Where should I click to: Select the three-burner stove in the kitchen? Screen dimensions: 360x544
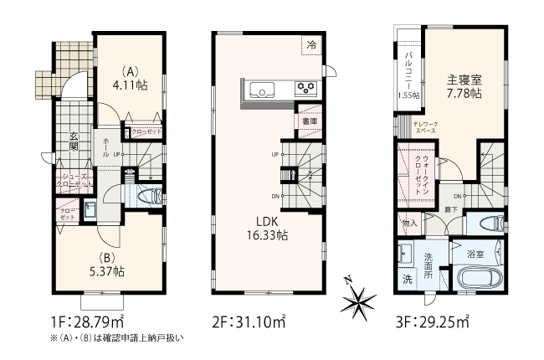(305, 87)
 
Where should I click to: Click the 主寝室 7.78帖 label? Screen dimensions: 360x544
(463, 86)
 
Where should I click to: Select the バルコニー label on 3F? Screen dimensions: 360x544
(408, 67)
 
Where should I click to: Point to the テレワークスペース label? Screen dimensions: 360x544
(427, 129)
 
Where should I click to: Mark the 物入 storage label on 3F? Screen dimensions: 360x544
(409, 224)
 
